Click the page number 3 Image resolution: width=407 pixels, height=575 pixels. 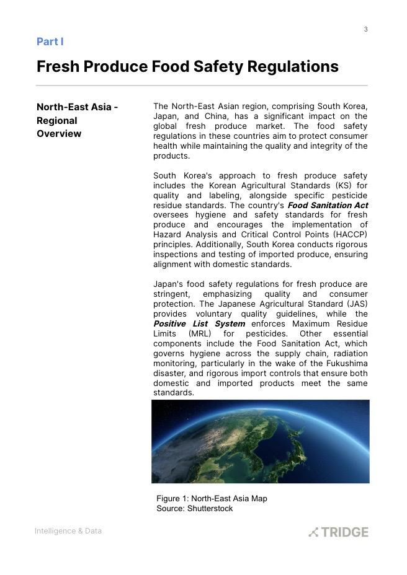[x=366, y=29]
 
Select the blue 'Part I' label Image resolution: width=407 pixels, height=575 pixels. [x=50, y=42]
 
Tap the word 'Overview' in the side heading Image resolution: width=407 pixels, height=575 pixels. [x=59, y=134]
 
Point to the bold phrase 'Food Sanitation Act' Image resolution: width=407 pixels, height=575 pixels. [x=328, y=205]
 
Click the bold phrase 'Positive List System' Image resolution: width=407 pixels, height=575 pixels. [x=199, y=323]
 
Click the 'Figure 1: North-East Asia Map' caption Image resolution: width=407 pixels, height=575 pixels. [x=212, y=498]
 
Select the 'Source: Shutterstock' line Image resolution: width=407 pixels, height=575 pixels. [x=194, y=508]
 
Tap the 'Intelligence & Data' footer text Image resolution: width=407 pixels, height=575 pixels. [x=68, y=531]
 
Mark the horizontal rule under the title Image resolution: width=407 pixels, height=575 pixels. [x=202, y=86]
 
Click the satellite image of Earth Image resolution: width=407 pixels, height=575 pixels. [x=261, y=441]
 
